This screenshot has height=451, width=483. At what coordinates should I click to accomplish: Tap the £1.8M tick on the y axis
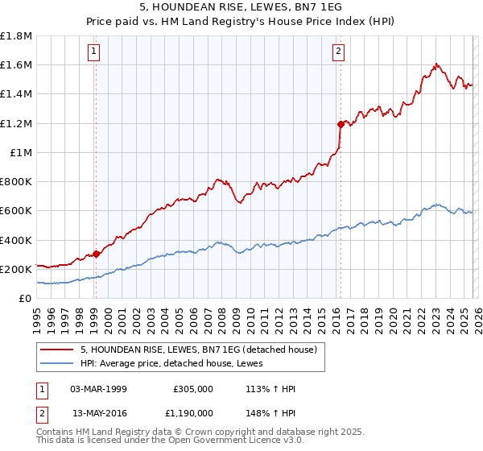pos(16,36)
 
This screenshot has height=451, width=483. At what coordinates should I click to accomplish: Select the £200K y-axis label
pos(16,269)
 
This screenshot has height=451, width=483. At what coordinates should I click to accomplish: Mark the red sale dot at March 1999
pos(96,254)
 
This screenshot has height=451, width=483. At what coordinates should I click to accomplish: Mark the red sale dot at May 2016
pos(340,125)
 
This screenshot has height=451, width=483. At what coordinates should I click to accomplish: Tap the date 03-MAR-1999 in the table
pos(97,389)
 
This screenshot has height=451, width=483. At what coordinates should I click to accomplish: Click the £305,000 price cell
pos(192,389)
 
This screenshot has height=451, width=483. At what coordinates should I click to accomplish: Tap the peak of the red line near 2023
pos(436,64)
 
